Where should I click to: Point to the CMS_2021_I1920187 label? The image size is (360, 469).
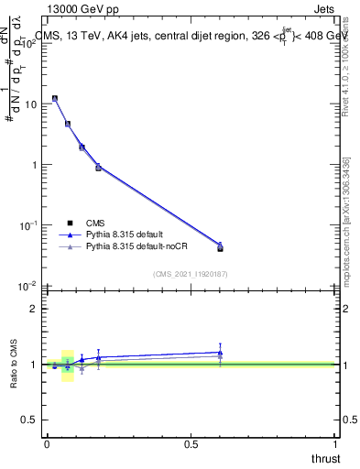click(191, 273)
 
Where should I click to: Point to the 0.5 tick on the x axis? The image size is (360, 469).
click(191, 444)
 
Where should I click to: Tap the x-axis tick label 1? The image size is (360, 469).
click(335, 444)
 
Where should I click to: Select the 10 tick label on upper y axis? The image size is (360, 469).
click(29, 104)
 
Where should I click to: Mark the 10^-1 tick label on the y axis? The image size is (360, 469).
click(27, 225)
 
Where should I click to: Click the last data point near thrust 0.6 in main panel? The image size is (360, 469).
click(220, 247)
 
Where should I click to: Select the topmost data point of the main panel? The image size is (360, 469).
click(55, 98)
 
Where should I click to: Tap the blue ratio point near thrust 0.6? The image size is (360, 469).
click(220, 352)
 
